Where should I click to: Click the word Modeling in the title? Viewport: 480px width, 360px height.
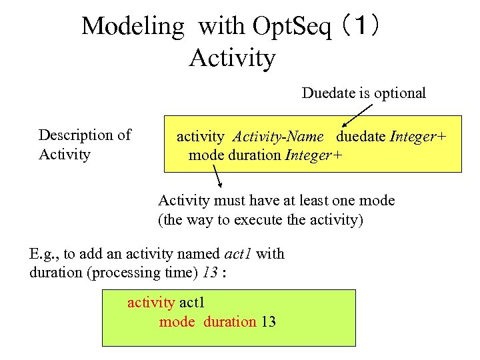point(132,27)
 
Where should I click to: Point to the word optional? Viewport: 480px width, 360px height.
point(399,93)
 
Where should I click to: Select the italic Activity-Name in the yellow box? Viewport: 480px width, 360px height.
point(278,137)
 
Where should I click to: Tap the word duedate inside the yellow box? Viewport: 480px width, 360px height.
point(361,137)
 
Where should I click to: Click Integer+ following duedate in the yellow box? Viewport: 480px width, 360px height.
point(418,137)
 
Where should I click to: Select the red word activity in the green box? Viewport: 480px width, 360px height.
point(151,303)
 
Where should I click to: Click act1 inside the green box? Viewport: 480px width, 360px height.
point(193,303)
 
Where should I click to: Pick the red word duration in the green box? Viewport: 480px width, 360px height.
point(229,322)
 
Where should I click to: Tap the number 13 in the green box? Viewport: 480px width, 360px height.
point(268,322)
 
